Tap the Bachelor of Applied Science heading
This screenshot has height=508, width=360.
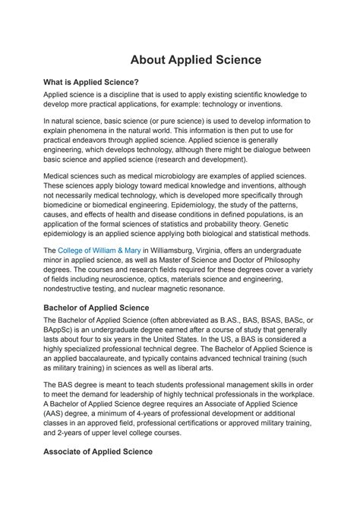point(106,307)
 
